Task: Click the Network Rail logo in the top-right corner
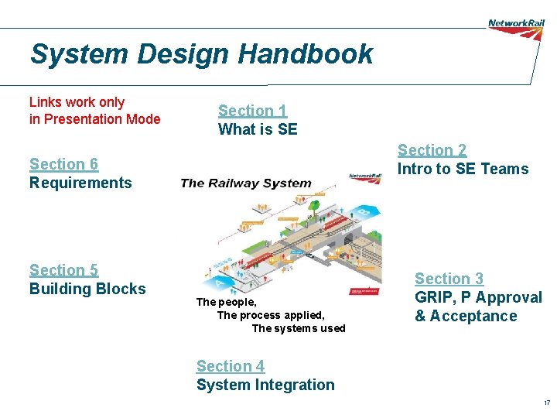pyautogui.click(x=516, y=23)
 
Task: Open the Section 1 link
pyautogui.click(x=252, y=111)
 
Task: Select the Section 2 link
pyautogui.click(x=432, y=150)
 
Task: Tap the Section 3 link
pyautogui.click(x=449, y=279)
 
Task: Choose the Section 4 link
pyautogui.click(x=231, y=366)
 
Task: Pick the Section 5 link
pyautogui.click(x=63, y=270)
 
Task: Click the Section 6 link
pyautogui.click(x=63, y=164)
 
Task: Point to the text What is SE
pyautogui.click(x=258, y=129)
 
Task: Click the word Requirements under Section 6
pyautogui.click(x=80, y=183)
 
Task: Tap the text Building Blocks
pyautogui.click(x=87, y=289)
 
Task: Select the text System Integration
pyautogui.click(x=265, y=385)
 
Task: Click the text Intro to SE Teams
pyautogui.click(x=463, y=169)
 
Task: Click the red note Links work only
pyautogui.click(x=77, y=102)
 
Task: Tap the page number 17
pyautogui.click(x=546, y=403)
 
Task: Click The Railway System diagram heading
pyautogui.click(x=246, y=183)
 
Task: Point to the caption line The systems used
pyautogui.click(x=299, y=328)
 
